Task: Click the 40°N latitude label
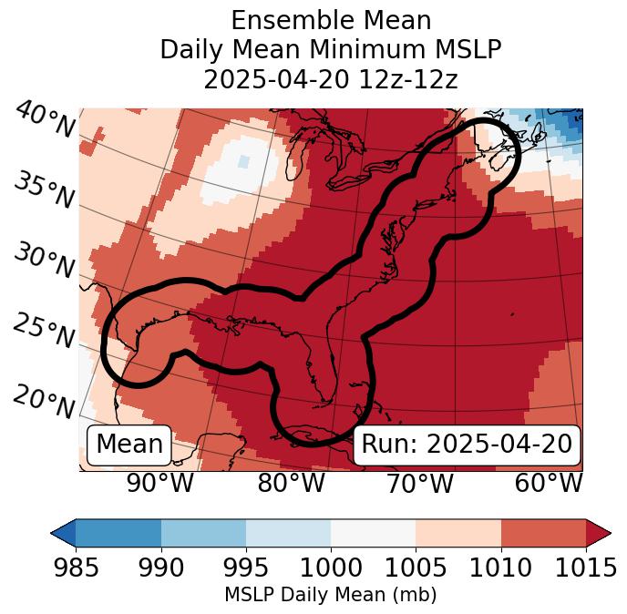[45, 119]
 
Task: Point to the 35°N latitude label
[43, 189]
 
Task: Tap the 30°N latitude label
[43, 261]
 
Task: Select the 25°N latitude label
[43, 332]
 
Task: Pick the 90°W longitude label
[159, 483]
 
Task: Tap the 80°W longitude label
[291, 483]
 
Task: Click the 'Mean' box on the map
[129, 445]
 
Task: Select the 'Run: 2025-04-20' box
[467, 445]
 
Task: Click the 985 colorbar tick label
[76, 568]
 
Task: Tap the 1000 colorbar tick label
[331, 568]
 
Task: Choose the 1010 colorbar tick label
[500, 568]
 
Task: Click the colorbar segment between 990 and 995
[203, 532]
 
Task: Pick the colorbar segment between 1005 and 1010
[458, 532]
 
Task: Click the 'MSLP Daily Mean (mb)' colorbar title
[330, 595]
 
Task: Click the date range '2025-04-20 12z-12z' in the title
[331, 79]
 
